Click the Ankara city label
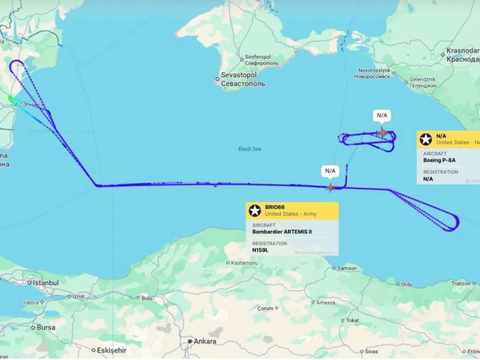[x=205, y=342]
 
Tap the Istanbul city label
[x=46, y=283]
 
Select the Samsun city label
[x=347, y=268]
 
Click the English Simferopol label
[x=258, y=57]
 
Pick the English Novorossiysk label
[x=374, y=70]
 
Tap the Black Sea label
[x=250, y=149]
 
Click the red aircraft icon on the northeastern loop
[x=382, y=132]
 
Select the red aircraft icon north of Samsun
[x=330, y=187]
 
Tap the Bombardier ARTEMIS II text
[x=282, y=232]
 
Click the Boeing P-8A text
[x=439, y=160]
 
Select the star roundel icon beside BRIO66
[x=255, y=210]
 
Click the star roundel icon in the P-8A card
[x=426, y=139]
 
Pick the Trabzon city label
[x=461, y=283]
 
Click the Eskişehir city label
[x=112, y=350]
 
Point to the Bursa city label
[x=46, y=327]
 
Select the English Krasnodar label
[x=463, y=50]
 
